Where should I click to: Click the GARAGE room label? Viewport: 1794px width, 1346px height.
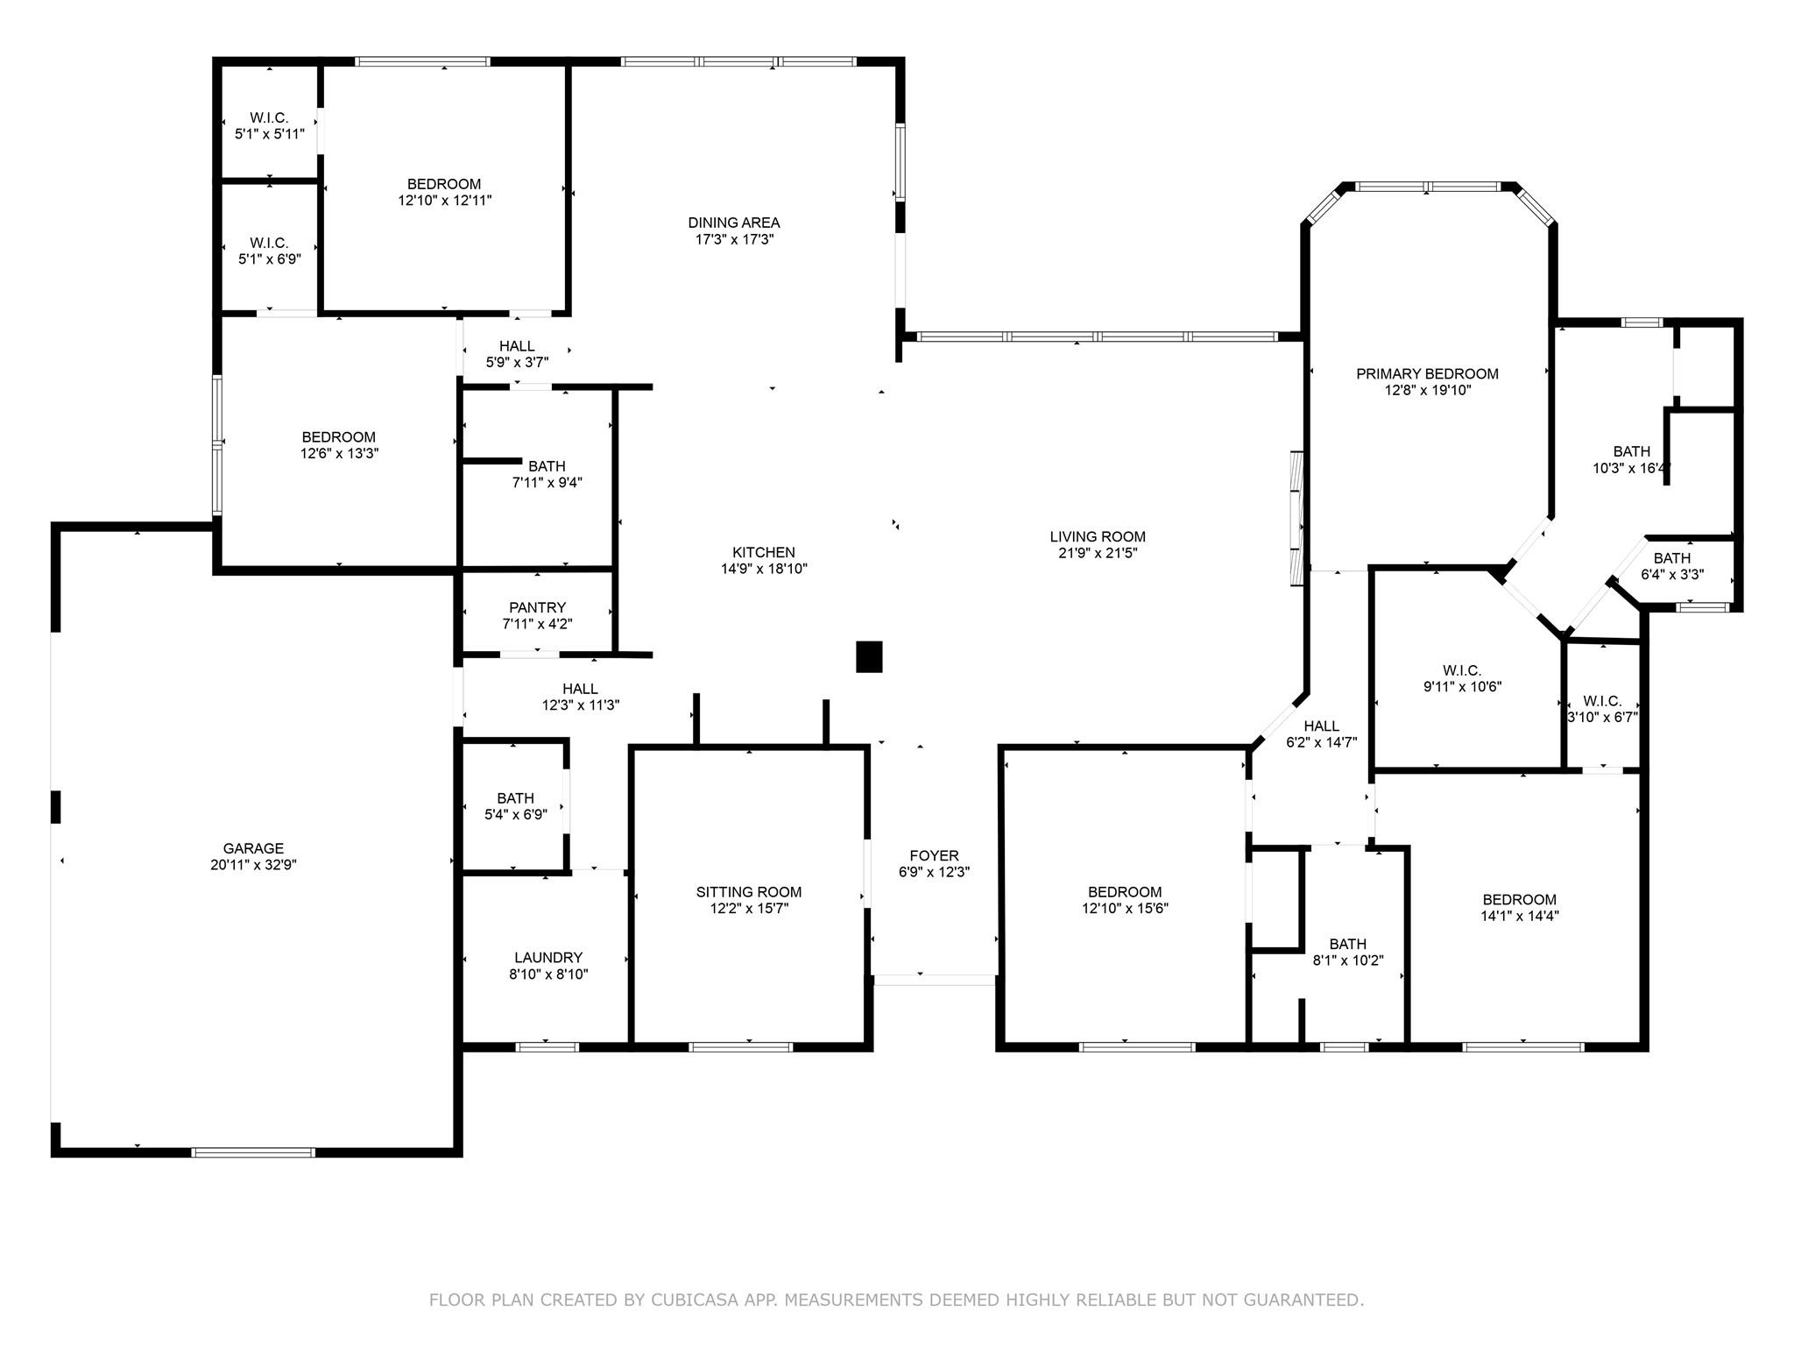pos(253,848)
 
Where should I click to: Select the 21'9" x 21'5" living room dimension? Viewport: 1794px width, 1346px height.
pos(1098,553)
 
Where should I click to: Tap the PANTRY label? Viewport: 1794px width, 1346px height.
pos(537,607)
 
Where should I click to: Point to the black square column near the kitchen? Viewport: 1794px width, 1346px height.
pos(869,656)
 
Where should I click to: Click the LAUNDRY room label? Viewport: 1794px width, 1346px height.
pos(548,958)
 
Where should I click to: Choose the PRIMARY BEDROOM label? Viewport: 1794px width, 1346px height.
pos(1427,374)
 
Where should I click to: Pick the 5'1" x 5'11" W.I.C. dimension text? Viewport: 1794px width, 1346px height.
pos(269,134)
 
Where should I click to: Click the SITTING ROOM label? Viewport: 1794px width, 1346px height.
pos(749,892)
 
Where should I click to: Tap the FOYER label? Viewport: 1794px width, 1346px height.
pos(934,855)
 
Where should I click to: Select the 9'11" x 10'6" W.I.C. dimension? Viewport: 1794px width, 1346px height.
pos(1462,687)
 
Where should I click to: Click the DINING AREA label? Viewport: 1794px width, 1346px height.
pos(733,223)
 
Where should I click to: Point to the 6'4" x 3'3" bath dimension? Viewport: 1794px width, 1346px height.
pos(1671,575)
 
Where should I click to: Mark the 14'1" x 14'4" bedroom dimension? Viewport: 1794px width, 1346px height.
pos(1519,916)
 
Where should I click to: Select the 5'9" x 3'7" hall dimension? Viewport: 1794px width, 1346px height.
pos(517,362)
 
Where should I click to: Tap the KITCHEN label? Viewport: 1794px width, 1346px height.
pos(764,552)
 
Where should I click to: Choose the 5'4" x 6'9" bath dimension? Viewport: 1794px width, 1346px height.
pos(515,814)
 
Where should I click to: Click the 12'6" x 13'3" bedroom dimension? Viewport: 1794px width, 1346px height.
pos(338,453)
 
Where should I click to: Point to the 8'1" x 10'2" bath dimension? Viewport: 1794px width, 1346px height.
pos(1347,960)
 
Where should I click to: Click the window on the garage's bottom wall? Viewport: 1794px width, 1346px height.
pos(253,1152)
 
